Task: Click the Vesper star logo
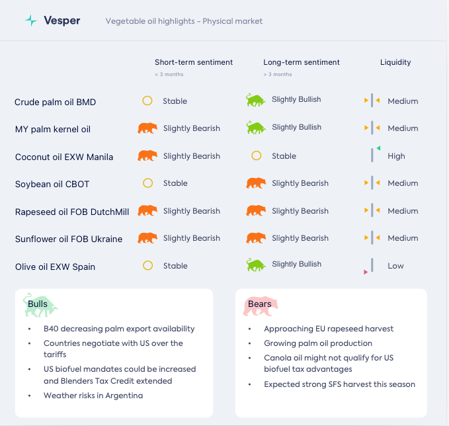(30, 21)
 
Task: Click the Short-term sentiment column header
(194, 62)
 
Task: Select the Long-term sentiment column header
(302, 62)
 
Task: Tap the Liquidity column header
(395, 62)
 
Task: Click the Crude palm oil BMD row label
(55, 102)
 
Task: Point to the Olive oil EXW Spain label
(55, 267)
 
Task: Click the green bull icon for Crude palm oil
(256, 100)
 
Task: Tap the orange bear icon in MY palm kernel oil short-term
(147, 128)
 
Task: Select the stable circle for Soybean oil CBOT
(148, 183)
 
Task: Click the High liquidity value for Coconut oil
(396, 156)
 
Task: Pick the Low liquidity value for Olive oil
(395, 266)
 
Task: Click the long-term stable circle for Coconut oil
(257, 156)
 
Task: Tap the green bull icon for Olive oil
(256, 265)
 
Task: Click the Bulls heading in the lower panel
(38, 304)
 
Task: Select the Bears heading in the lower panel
(259, 304)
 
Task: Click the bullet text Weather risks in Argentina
(93, 396)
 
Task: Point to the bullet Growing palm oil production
(318, 343)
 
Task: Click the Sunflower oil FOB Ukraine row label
(69, 239)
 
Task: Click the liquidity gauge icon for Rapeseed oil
(372, 211)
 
